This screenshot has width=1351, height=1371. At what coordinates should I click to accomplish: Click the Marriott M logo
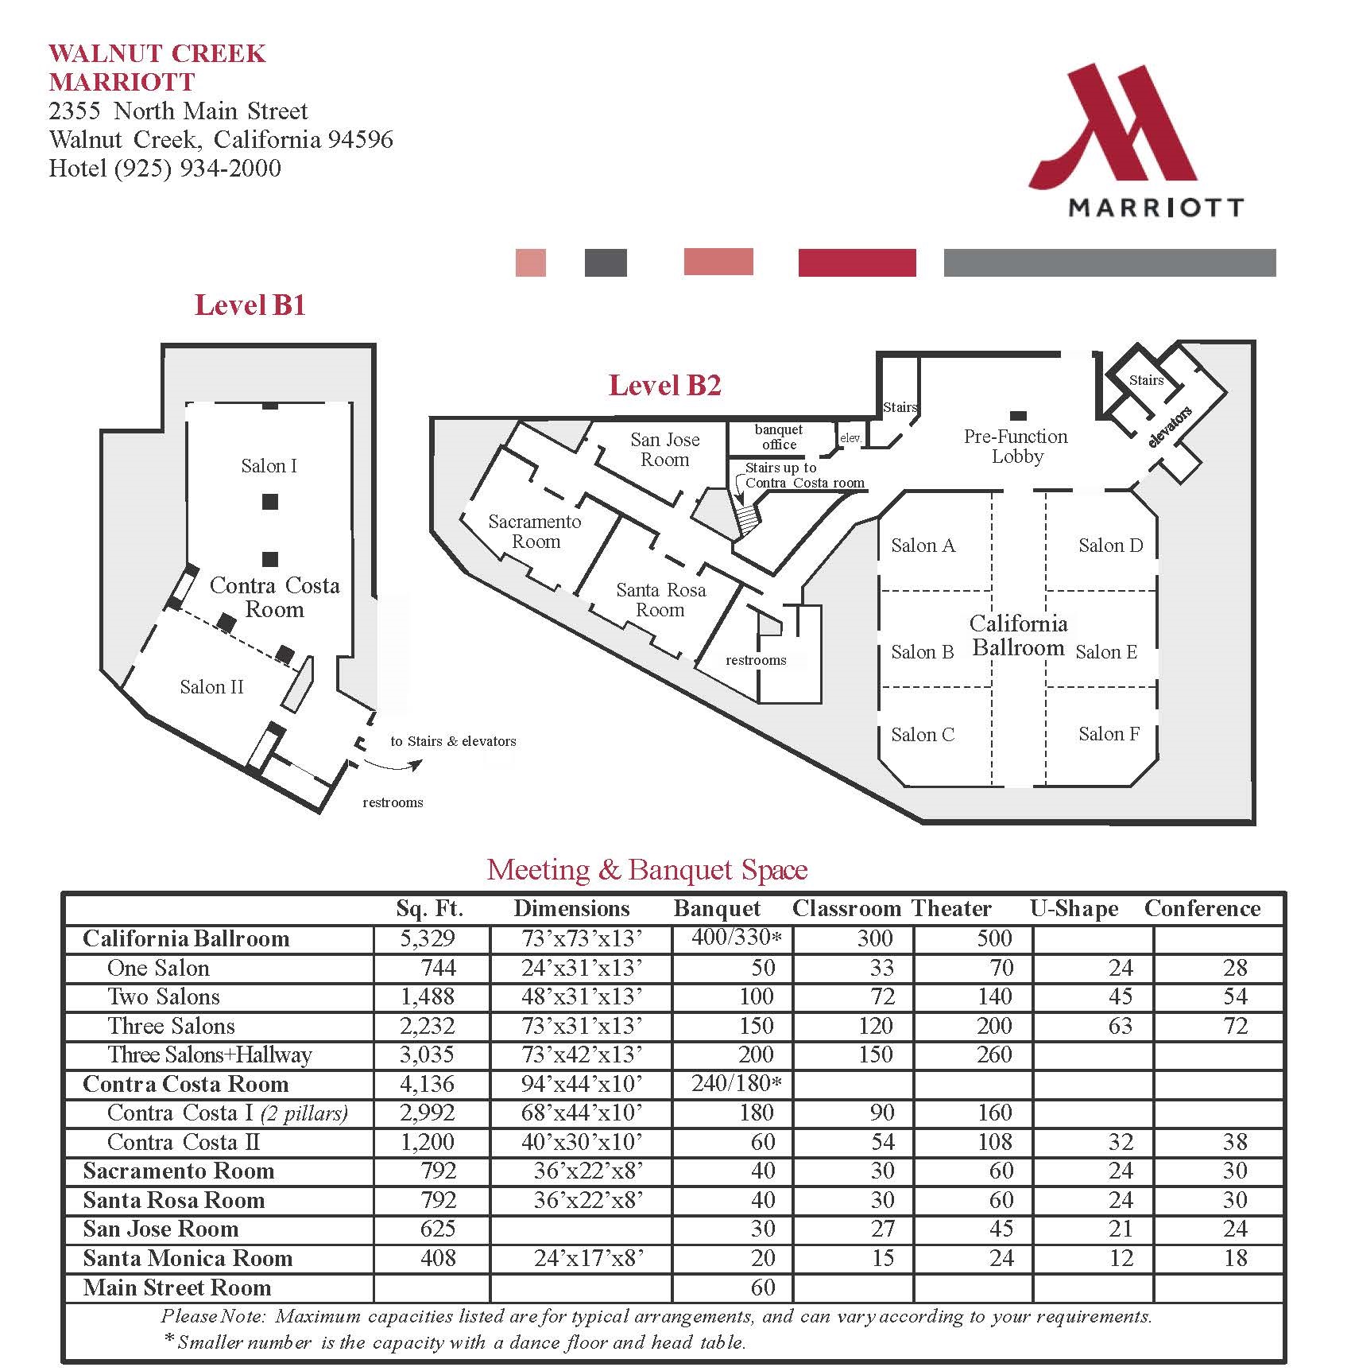1113,127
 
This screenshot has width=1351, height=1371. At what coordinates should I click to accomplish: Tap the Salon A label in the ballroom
923,546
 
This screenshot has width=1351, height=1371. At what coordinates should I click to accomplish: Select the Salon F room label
1109,734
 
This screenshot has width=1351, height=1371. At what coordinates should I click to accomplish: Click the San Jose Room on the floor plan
665,449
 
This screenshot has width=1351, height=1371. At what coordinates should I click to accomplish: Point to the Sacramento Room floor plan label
535,531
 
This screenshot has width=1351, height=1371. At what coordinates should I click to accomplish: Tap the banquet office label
779,437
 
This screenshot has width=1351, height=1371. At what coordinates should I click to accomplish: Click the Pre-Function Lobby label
1016,446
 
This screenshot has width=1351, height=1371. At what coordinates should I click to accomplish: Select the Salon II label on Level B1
211,687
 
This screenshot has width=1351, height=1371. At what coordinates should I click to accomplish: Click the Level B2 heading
664,386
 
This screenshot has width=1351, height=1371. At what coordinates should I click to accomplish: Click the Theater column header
951,908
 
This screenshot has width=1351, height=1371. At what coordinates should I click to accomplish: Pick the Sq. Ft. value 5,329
428,938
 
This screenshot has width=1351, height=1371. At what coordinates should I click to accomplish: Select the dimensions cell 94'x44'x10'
582,1084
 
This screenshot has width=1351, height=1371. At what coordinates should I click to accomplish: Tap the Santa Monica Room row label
188,1258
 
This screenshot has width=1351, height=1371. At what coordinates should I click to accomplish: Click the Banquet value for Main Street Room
762,1287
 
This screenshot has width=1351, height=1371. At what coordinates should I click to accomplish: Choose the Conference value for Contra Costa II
1234,1142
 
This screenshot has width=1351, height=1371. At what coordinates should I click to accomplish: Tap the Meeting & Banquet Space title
647,869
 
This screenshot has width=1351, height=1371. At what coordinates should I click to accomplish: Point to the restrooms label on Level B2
756,660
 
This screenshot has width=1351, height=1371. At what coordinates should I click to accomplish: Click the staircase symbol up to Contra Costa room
747,521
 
